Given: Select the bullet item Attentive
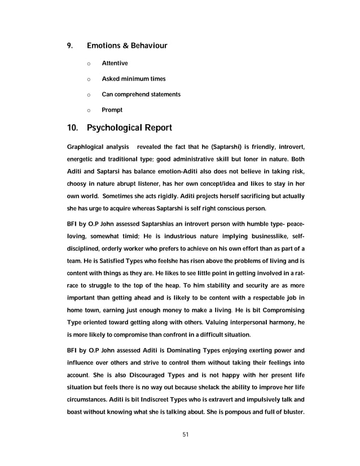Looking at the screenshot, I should pyautogui.click(x=115, y=63).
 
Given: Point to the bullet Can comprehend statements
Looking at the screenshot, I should pyautogui.click(x=141, y=94).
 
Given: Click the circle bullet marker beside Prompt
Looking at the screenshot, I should pyautogui.click(x=89, y=109).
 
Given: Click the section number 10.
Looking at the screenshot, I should pyautogui.click(x=73, y=128).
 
